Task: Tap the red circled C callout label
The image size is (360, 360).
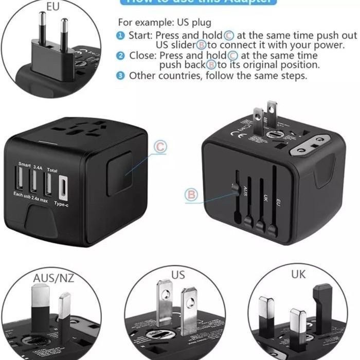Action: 160,147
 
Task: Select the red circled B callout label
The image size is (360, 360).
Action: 191,195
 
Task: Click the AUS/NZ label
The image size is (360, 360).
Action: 54,278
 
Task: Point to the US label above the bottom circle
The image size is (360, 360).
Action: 178,275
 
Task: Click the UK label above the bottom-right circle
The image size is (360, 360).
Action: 298,274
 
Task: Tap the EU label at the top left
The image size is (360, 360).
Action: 53,7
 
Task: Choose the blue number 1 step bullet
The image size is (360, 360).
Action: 120,35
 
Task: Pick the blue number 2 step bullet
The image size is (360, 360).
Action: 120,56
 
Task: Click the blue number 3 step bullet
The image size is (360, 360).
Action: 120,76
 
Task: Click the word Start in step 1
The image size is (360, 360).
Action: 139,35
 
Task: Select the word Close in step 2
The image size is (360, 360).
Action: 141,56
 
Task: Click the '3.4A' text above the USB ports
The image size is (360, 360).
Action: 38,167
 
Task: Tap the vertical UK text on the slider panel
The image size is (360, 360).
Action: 266,197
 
